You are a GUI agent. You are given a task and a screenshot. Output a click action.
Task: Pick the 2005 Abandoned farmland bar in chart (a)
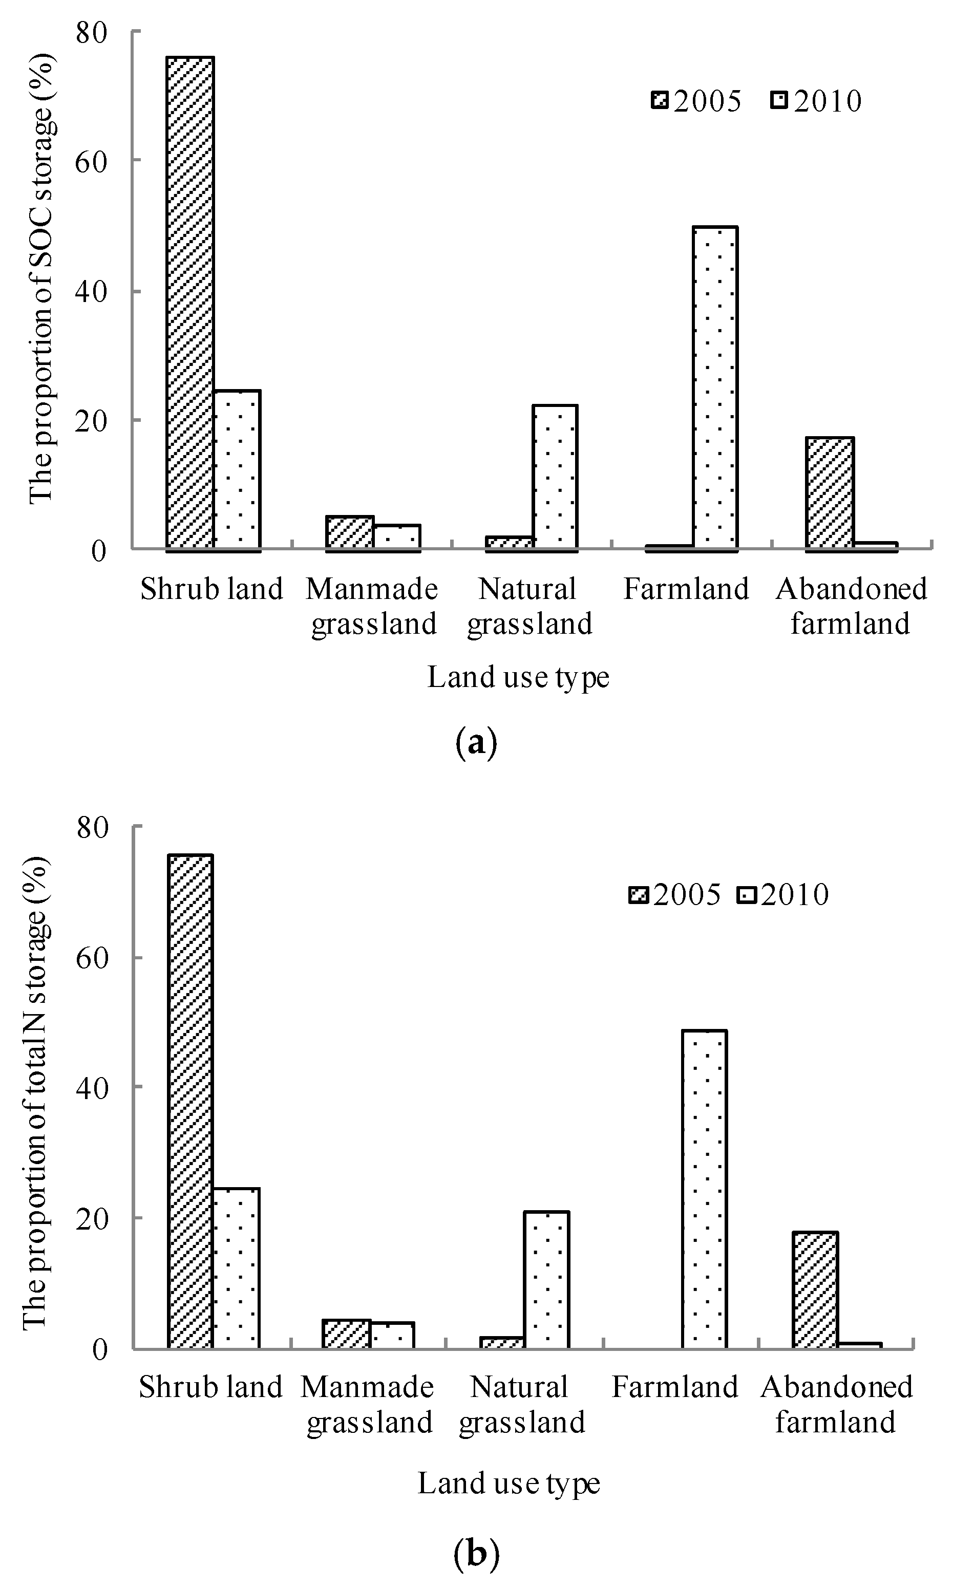coord(830,493)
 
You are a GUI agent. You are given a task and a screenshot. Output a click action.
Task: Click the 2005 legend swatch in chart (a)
coord(660,101)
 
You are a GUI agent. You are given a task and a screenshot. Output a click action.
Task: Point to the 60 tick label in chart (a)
coord(91,160)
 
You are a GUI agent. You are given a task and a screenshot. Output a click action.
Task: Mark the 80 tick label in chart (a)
coord(91,32)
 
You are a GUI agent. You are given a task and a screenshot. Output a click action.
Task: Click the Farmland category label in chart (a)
coord(686,589)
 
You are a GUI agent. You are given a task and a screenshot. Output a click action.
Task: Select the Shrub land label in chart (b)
coord(210,1387)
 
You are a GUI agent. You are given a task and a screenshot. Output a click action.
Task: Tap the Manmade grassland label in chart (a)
coord(372,606)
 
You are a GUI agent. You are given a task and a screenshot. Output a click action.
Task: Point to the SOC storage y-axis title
coord(43,279)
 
